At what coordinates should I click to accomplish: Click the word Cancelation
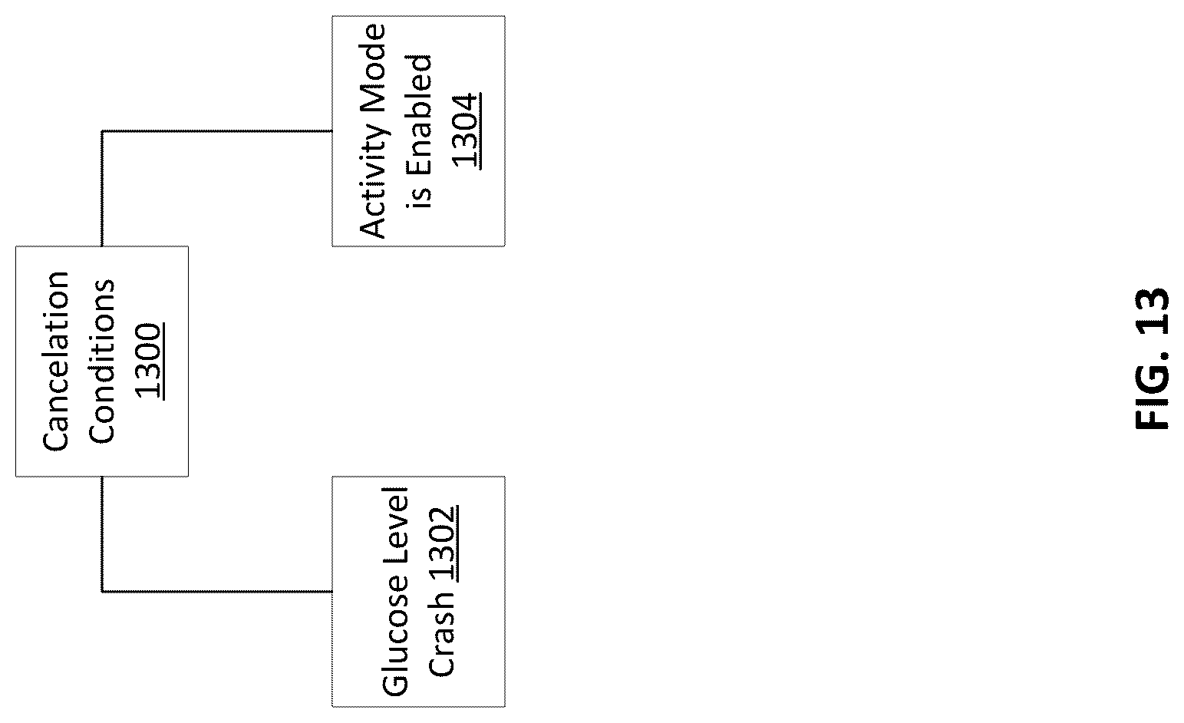click(x=56, y=361)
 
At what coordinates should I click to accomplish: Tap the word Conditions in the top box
click(x=101, y=361)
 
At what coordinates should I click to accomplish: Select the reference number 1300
click(x=149, y=361)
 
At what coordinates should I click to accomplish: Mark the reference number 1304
click(x=466, y=130)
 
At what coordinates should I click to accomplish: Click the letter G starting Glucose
click(x=395, y=685)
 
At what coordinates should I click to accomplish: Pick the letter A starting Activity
click(x=373, y=227)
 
